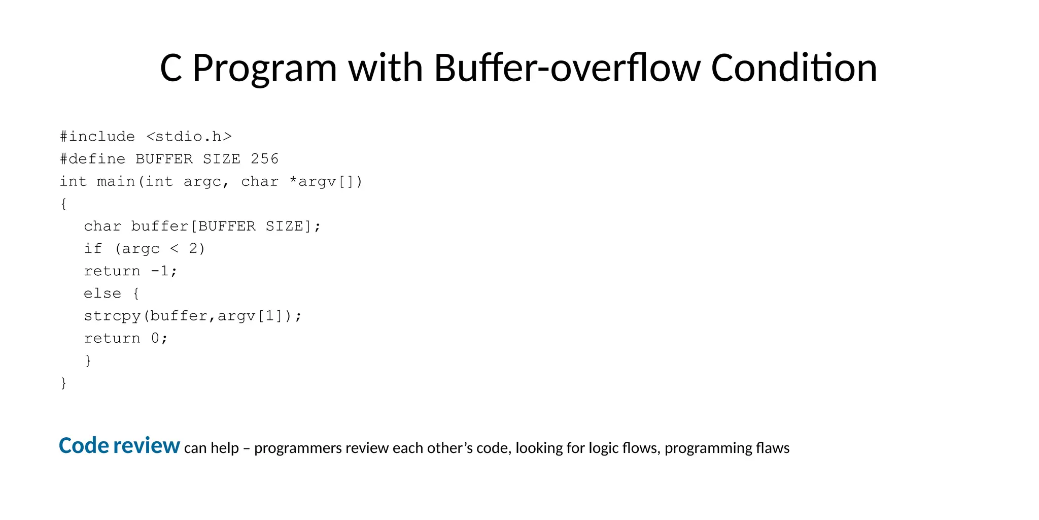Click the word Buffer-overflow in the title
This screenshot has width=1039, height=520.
[x=567, y=68]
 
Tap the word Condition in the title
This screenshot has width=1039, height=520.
[x=794, y=68]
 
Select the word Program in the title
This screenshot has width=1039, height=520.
[x=265, y=69]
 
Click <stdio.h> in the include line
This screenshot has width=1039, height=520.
[x=189, y=137]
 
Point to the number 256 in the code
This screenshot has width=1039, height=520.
[x=265, y=159]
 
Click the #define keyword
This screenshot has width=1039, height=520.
[x=92, y=159]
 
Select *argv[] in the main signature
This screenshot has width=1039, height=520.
[x=325, y=181]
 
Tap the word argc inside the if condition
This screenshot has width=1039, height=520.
[x=141, y=249]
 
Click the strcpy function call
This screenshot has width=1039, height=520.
[x=112, y=316]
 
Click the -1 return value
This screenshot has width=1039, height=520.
[x=160, y=271]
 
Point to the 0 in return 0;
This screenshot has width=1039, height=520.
[x=155, y=338]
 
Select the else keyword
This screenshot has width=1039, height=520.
[x=102, y=294]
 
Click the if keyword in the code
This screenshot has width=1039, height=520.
[x=93, y=249]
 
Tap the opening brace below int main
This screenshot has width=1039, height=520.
[x=63, y=204]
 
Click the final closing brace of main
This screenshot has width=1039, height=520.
[x=63, y=383]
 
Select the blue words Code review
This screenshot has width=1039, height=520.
[x=119, y=446]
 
